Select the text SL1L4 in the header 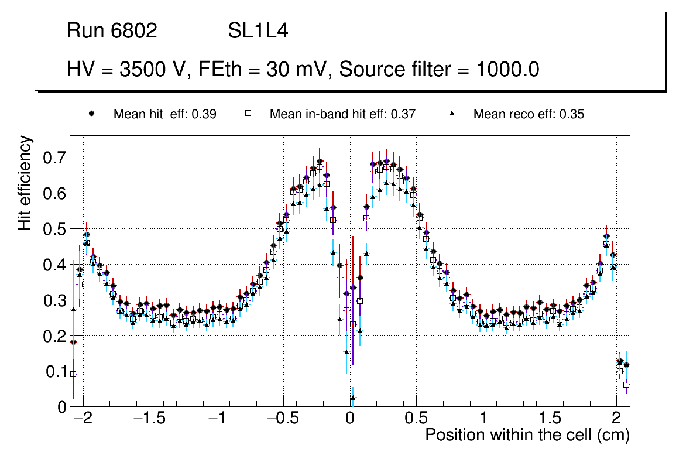pyautogui.click(x=258, y=31)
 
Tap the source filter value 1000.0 pyautogui.click(x=507, y=69)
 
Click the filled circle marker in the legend pyautogui.click(x=91, y=114)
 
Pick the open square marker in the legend pyautogui.click(x=248, y=114)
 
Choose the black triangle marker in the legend pyautogui.click(x=451, y=114)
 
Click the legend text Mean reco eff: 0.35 pyautogui.click(x=529, y=114)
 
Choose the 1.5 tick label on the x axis pyautogui.click(x=550, y=420)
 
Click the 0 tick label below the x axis pyautogui.click(x=349, y=420)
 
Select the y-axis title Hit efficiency pyautogui.click(x=25, y=183)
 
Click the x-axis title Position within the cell pyautogui.click(x=527, y=436)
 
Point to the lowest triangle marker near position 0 pyautogui.click(x=352, y=398)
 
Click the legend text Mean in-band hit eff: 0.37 pyautogui.click(x=342, y=114)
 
